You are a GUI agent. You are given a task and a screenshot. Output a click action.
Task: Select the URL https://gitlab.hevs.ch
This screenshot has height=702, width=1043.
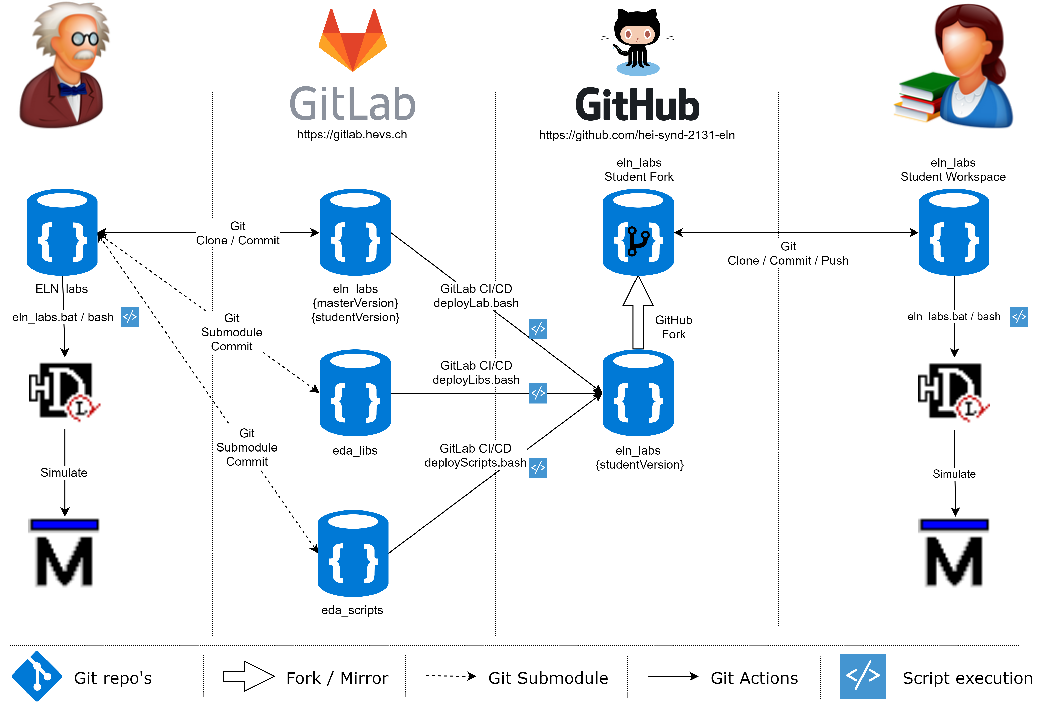[x=352, y=134]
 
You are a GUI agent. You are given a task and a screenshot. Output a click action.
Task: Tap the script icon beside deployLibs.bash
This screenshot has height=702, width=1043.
[x=538, y=393]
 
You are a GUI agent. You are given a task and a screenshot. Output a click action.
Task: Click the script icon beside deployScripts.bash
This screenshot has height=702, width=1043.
[x=538, y=468]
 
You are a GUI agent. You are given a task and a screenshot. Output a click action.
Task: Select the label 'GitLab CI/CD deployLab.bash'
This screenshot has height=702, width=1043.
[x=476, y=296]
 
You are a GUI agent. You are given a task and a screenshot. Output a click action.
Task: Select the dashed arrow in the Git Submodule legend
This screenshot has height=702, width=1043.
[x=450, y=676]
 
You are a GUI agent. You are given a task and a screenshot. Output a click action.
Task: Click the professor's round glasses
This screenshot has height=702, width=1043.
[x=85, y=39]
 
